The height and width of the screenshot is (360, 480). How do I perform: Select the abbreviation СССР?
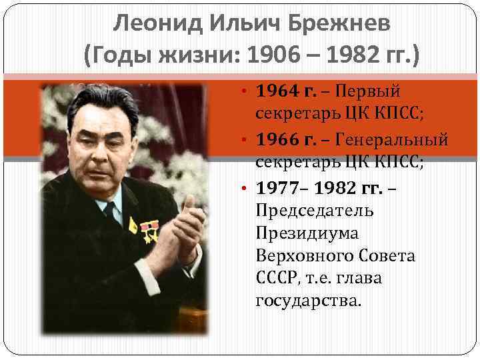click(x=272, y=278)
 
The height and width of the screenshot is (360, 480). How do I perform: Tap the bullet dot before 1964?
click(x=245, y=90)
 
